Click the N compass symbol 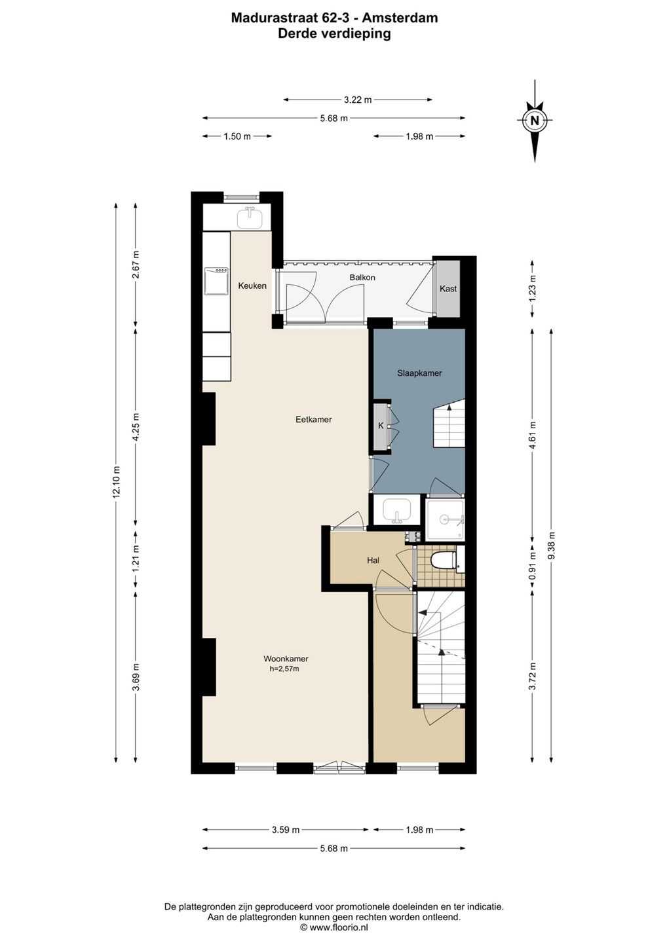click(x=535, y=120)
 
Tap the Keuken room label click(x=252, y=286)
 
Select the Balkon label click(x=362, y=278)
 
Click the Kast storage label click(x=448, y=289)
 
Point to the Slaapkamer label click(x=419, y=373)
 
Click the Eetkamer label click(x=314, y=419)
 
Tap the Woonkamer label click(x=286, y=659)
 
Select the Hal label click(x=373, y=561)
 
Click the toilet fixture click(x=443, y=559)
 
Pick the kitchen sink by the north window click(x=250, y=218)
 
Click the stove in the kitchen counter click(x=216, y=281)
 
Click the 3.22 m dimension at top click(x=358, y=100)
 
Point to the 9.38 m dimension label click(x=552, y=545)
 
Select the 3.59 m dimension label click(x=286, y=830)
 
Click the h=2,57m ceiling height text click(x=284, y=669)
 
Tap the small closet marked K click(x=381, y=426)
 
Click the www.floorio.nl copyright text click(x=334, y=927)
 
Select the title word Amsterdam click(x=400, y=18)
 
